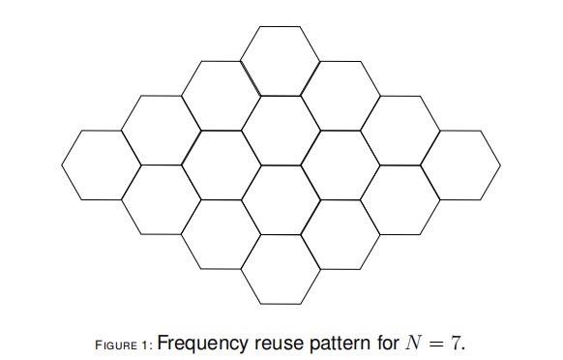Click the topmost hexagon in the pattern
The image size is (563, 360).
coord(281,59)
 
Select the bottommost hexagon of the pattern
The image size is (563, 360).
coord(281,268)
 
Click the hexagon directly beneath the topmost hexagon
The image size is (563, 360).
coord(281,129)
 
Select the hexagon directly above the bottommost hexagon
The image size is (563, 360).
coord(281,198)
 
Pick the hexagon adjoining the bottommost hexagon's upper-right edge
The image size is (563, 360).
coord(340,234)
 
